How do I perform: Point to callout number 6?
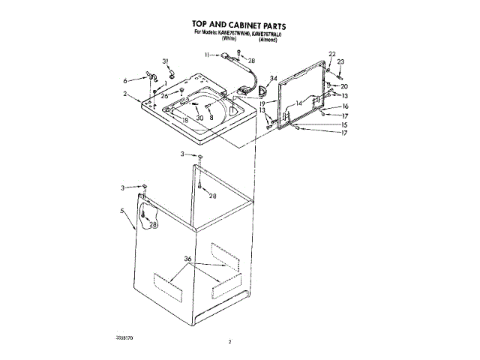coord(125,80)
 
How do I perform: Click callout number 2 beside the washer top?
coord(126,94)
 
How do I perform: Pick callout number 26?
coord(164,95)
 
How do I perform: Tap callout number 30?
coord(199,118)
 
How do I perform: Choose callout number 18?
coord(184,120)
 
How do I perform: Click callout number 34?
coord(274,78)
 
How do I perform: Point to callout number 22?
coord(331,53)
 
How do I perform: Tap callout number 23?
coord(340,61)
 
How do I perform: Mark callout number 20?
coord(344,86)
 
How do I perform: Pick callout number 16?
coord(345,106)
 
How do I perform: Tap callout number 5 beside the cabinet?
coord(122,212)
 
